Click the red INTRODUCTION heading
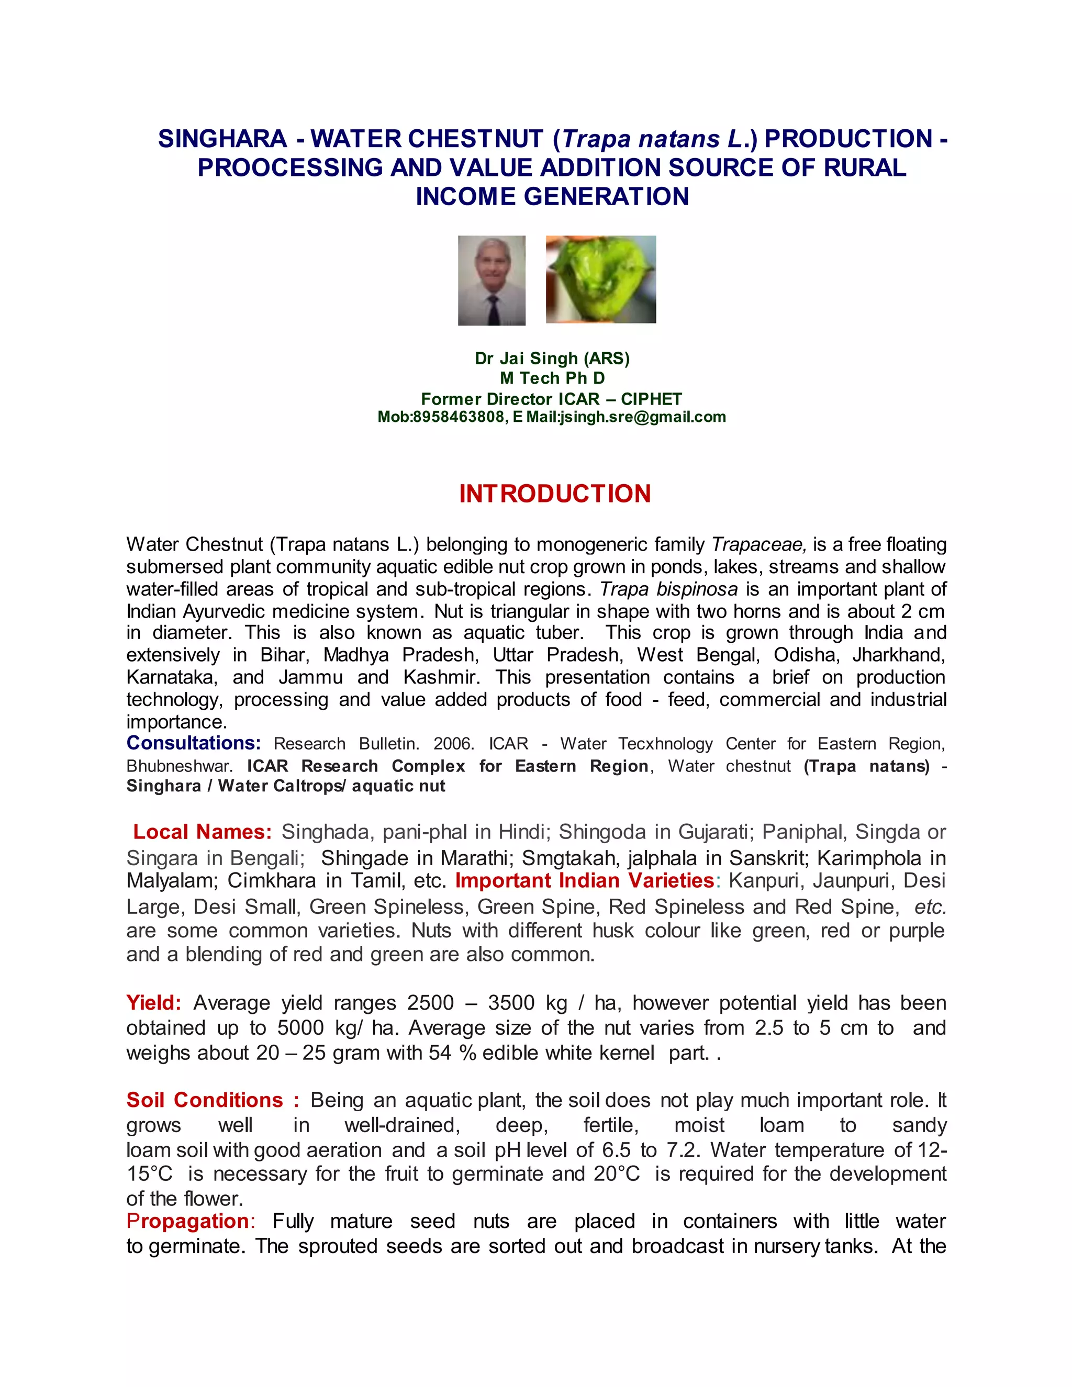554,494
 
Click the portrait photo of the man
492,280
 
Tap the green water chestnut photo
600,279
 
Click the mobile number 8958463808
459,417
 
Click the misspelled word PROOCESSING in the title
291,167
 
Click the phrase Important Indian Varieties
585,880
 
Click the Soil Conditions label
205,1100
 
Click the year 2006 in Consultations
453,744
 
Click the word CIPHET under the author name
651,399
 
